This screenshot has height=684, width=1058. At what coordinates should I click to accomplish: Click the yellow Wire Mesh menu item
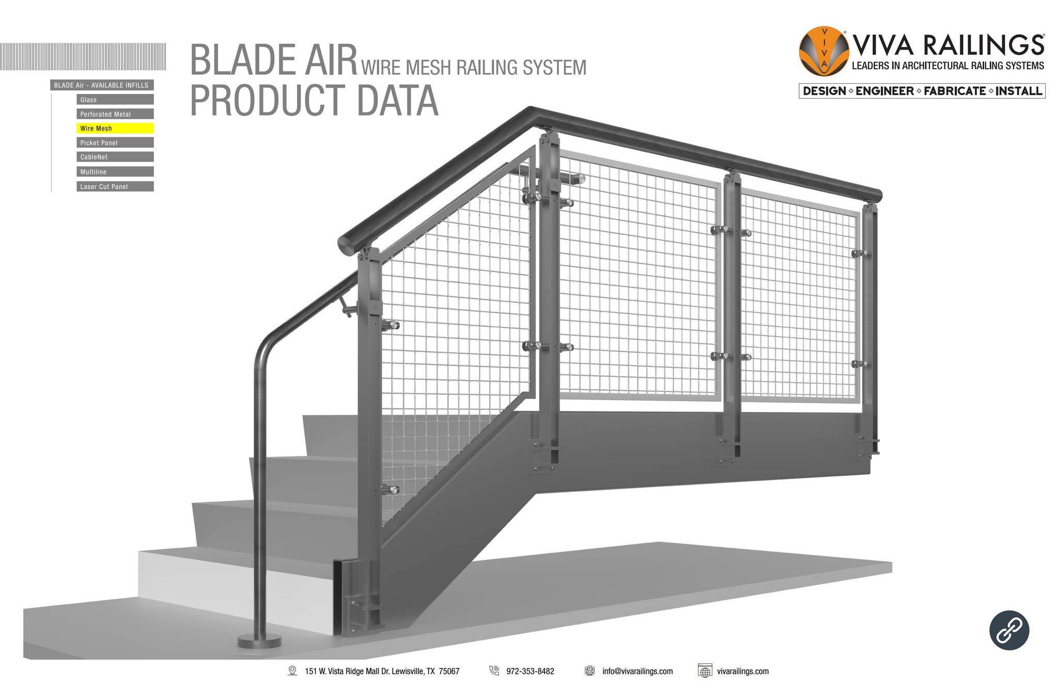click(115, 129)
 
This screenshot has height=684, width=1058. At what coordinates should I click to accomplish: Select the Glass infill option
click(115, 100)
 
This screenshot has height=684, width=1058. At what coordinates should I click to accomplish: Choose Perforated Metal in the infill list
click(115, 114)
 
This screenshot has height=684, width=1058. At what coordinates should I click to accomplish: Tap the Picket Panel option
click(115, 143)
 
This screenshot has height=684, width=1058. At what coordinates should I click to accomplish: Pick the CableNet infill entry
click(115, 157)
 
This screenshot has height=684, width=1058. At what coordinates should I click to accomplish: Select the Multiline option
click(115, 172)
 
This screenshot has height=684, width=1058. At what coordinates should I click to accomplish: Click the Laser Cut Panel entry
click(115, 186)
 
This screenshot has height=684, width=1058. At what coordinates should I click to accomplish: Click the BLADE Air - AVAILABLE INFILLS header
click(102, 85)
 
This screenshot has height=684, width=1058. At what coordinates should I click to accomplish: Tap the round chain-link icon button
click(1009, 630)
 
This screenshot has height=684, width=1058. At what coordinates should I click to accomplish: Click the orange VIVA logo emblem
click(823, 51)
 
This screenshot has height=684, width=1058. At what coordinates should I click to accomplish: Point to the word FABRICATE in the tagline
click(955, 91)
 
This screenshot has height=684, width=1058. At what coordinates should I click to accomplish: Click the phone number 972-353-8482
click(530, 671)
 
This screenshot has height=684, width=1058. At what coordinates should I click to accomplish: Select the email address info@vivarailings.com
click(637, 671)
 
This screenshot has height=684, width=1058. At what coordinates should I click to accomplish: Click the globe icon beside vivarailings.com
click(705, 671)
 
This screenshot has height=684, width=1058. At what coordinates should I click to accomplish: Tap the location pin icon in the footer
click(292, 671)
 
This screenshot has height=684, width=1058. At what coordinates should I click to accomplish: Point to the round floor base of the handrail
click(259, 642)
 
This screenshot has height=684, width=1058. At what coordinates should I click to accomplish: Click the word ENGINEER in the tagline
click(884, 91)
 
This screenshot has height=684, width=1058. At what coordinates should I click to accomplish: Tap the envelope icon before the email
click(589, 671)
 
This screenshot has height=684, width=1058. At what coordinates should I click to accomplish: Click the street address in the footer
click(382, 671)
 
